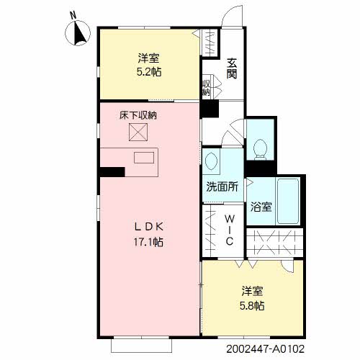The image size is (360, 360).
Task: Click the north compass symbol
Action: tap(78, 33)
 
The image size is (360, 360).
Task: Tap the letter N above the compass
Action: tap(73, 15)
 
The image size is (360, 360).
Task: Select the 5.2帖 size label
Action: tap(149, 72)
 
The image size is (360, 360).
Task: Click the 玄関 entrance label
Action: tap(232, 68)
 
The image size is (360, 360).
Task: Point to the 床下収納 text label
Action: tap(138, 115)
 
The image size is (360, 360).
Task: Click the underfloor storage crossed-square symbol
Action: tap(138, 132)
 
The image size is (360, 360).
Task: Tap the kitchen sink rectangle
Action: tap(144, 158)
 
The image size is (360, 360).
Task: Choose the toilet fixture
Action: tap(260, 149)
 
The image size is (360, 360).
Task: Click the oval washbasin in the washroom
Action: tap(211, 161)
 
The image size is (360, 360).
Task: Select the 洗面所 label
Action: tap(222, 186)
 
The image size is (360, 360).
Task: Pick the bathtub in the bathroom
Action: tap(288, 201)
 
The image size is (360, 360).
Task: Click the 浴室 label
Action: tap(261, 207)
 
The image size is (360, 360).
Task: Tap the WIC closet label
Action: tap(230, 230)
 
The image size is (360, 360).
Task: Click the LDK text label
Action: tap(149, 227)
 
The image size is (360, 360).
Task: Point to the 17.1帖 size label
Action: tap(148, 242)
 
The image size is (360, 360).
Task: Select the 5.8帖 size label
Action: tap(252, 306)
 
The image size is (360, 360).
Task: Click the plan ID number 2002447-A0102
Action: tap(265, 348)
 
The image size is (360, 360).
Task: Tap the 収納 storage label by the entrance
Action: tap(206, 88)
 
